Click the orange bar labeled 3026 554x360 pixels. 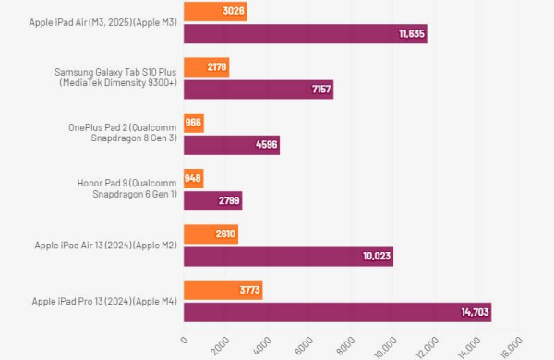pos(215,12)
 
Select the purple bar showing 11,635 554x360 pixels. pos(305,34)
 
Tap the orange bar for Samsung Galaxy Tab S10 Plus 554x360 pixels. pos(206,67)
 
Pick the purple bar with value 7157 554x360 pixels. pos(259,90)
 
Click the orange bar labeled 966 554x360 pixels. pos(194,123)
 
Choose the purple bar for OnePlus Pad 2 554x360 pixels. pos(232,145)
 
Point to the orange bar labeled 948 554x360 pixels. pos(194,178)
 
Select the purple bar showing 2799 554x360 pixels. pos(213,200)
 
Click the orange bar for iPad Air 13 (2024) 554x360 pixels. pos(211,234)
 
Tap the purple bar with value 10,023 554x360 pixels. pos(288,256)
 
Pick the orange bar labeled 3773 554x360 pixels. pos(223,289)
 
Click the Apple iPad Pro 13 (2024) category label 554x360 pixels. pos(104,301)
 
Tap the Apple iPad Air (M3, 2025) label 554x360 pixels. pos(104,22)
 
